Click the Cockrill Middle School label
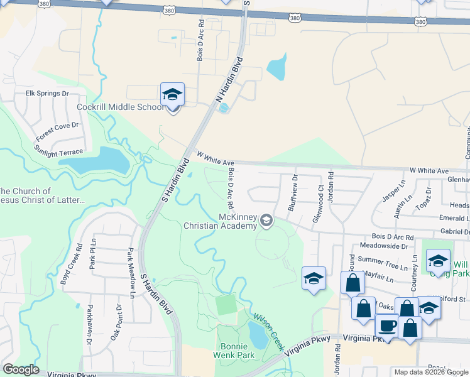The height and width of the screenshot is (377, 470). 119,107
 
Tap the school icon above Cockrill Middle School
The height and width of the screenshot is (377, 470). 172,95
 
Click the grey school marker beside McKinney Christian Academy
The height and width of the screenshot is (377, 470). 266,220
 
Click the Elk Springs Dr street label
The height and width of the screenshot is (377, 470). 46,94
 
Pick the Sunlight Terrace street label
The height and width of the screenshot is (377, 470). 58,151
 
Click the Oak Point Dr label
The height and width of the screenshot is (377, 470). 119,322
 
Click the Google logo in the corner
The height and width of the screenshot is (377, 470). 21,369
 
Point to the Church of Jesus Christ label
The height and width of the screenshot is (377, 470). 41,195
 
